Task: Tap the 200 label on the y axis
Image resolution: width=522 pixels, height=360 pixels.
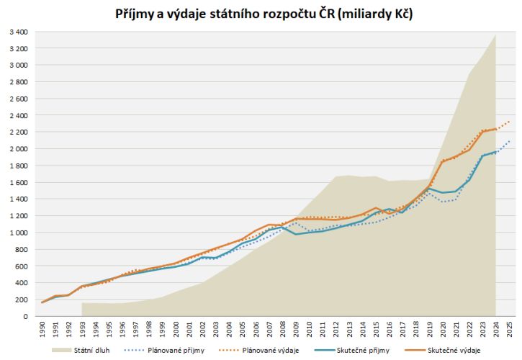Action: click(x=20, y=300)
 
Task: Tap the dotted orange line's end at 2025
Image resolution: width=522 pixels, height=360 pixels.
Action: click(x=509, y=122)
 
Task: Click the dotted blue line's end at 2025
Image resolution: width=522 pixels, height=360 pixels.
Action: click(x=509, y=140)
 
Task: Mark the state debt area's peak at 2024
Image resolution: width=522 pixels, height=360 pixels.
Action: click(x=495, y=35)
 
